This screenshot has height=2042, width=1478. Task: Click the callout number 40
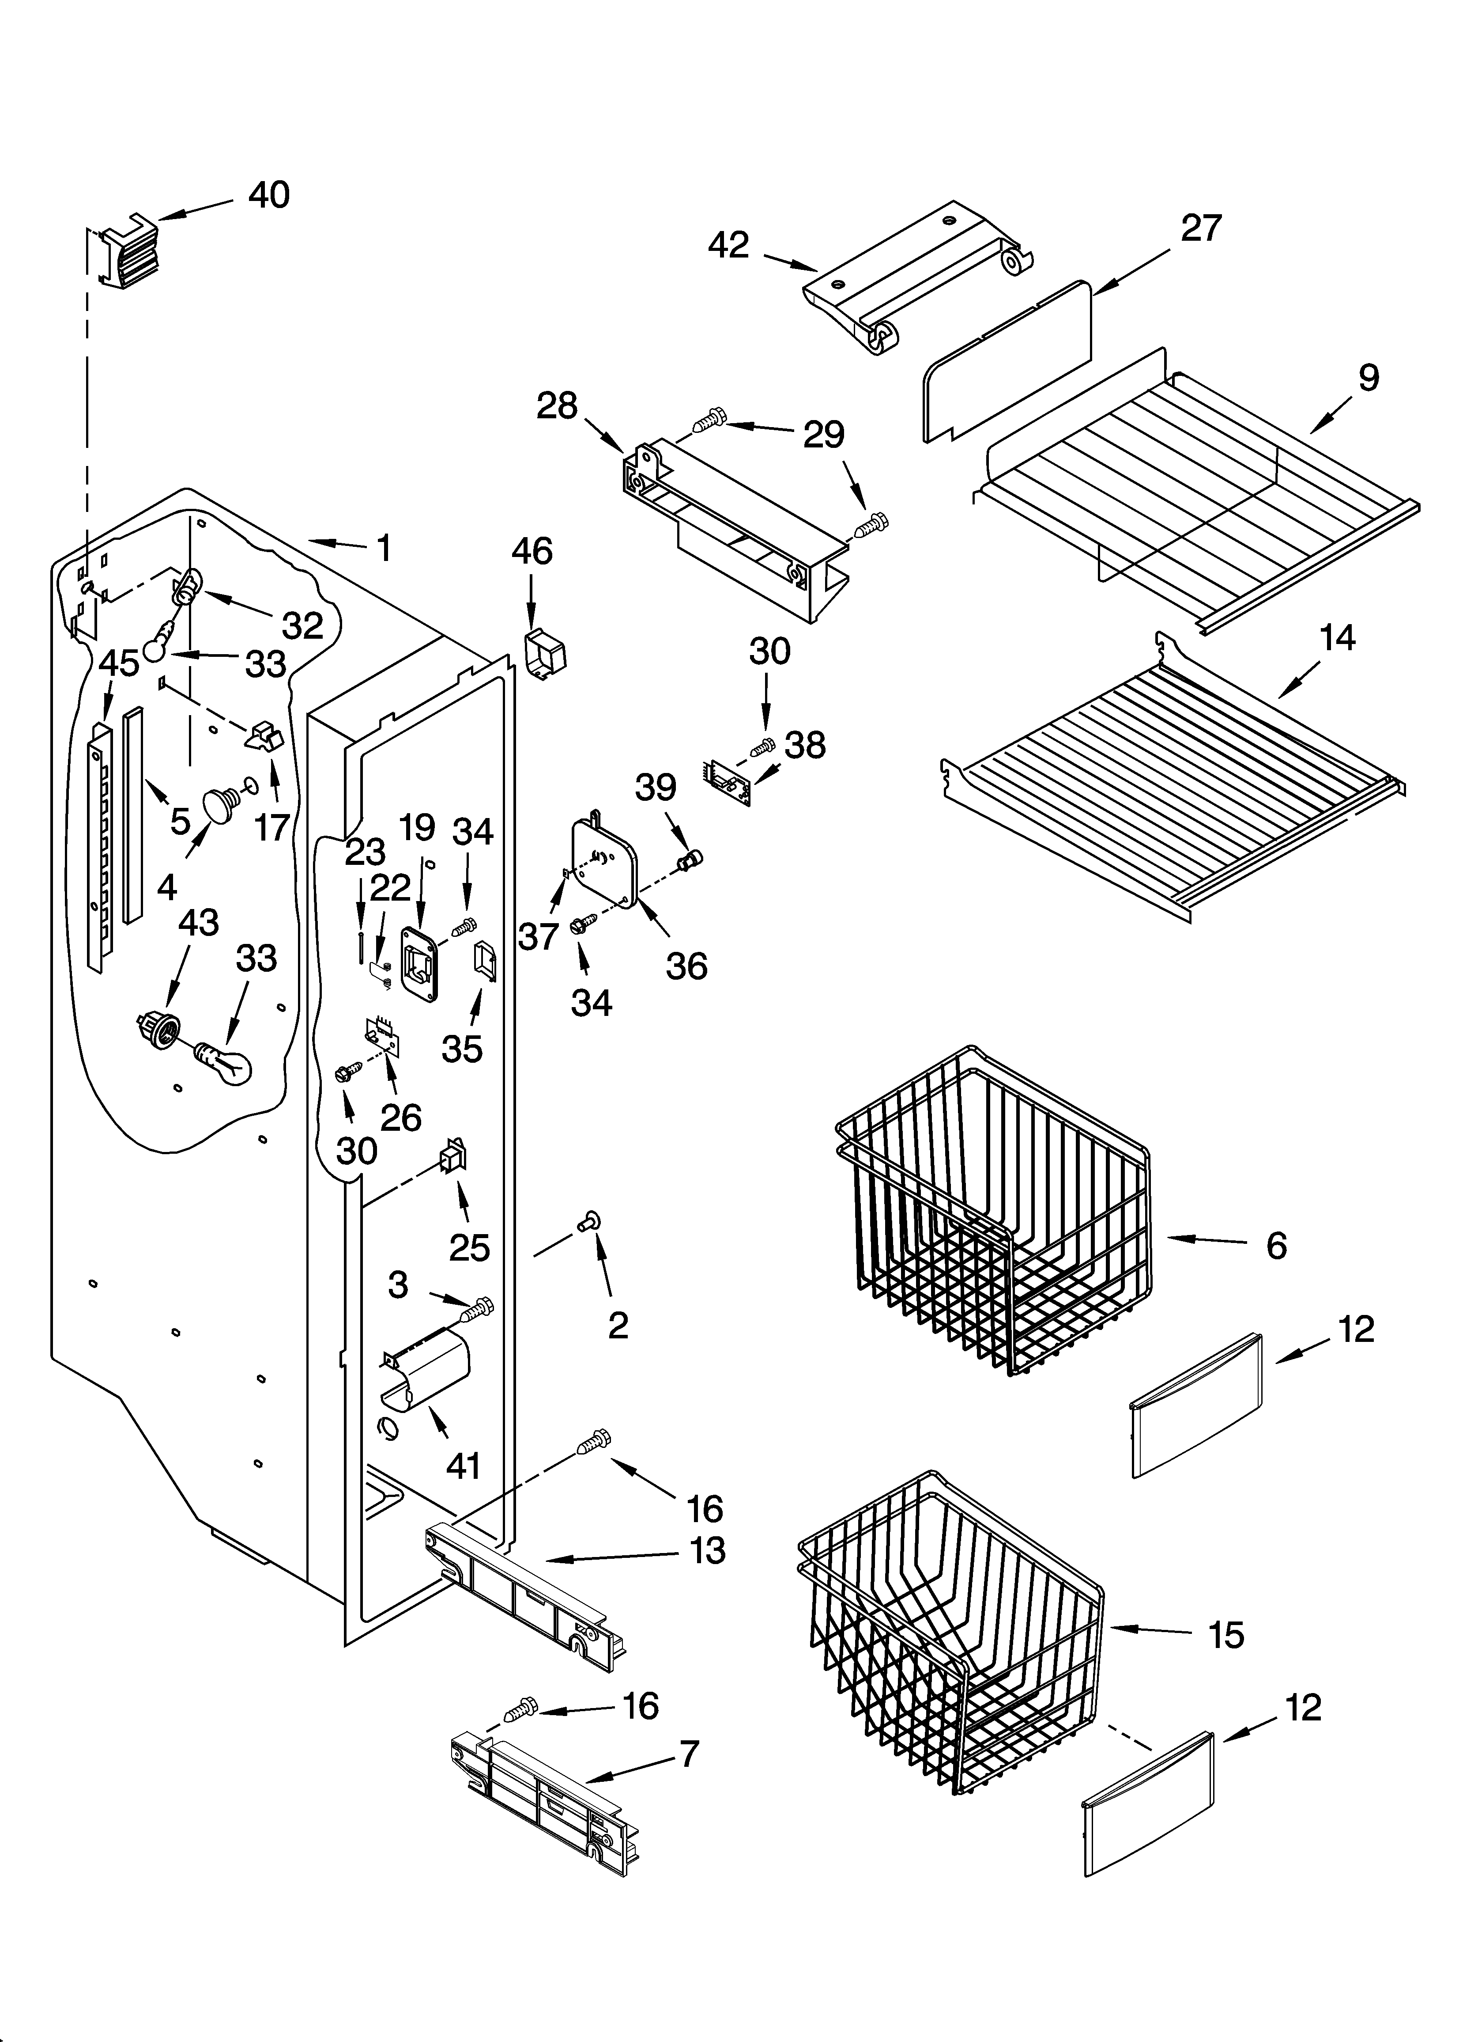[268, 195]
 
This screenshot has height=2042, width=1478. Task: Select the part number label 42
[728, 245]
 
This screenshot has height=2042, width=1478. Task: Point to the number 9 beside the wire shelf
[1368, 378]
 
